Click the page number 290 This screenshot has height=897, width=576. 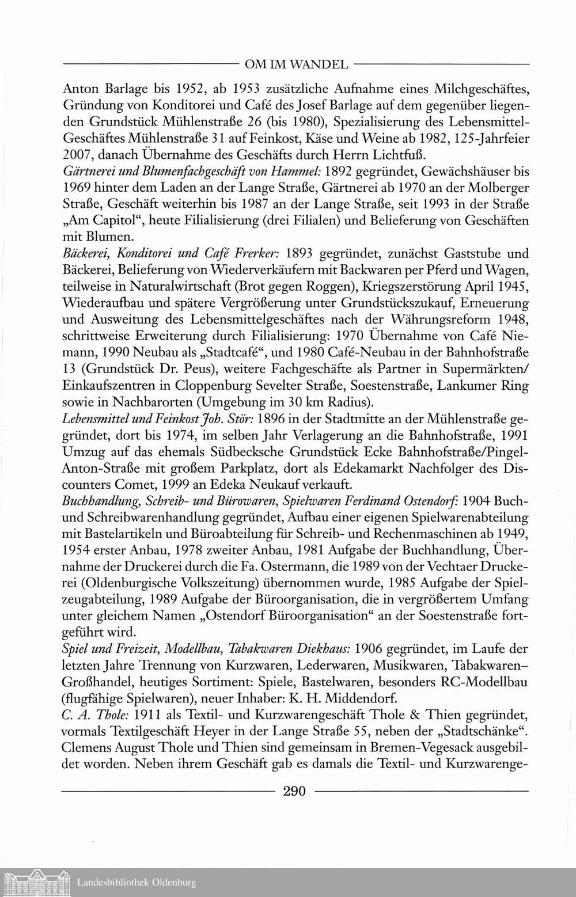click(294, 790)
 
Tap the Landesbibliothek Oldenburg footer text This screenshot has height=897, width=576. click(137, 882)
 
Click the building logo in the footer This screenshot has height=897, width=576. click(36, 881)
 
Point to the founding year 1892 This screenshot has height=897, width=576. click(344, 172)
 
